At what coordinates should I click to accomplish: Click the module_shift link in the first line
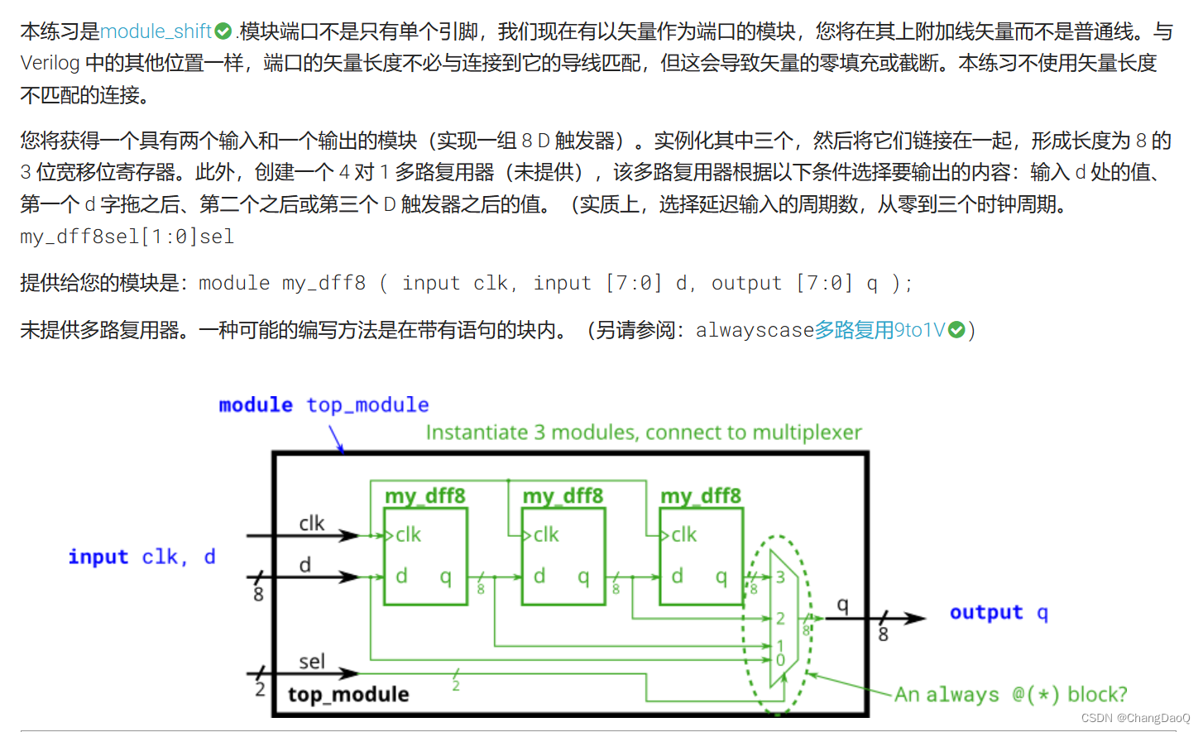[x=156, y=31]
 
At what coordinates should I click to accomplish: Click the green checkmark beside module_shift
[x=223, y=31]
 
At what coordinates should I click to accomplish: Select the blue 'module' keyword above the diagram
[x=255, y=404]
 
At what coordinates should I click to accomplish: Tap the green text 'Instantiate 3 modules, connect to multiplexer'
[x=643, y=433]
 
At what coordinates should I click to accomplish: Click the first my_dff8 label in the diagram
[x=424, y=495]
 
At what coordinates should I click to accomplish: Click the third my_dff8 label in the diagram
[x=700, y=495]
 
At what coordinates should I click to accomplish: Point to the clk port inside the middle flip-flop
[x=546, y=535]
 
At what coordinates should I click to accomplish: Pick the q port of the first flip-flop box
[x=446, y=576]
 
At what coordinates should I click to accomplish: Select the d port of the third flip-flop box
[x=677, y=576]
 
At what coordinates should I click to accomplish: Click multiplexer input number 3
[x=779, y=577]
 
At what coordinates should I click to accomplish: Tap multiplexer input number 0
[x=779, y=660]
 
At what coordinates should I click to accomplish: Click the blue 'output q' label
[x=998, y=613]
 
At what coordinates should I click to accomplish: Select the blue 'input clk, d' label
[x=141, y=557]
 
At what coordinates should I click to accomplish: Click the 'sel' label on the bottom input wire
[x=312, y=662]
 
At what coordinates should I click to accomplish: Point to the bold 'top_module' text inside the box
[x=347, y=695]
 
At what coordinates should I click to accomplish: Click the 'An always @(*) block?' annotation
[x=1010, y=694]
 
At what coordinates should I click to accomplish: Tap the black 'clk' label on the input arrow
[x=312, y=524]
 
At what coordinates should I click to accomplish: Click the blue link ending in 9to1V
[x=879, y=330]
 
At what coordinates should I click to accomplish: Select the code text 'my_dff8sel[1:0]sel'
[x=127, y=237]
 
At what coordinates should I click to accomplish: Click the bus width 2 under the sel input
[x=260, y=688]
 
